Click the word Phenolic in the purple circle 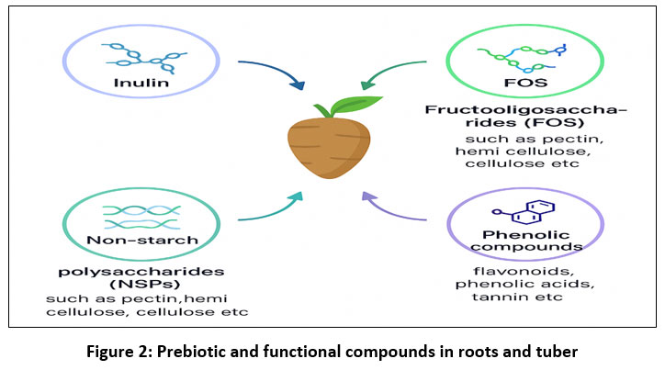click(x=515, y=233)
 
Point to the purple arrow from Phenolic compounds click(x=393, y=209)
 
